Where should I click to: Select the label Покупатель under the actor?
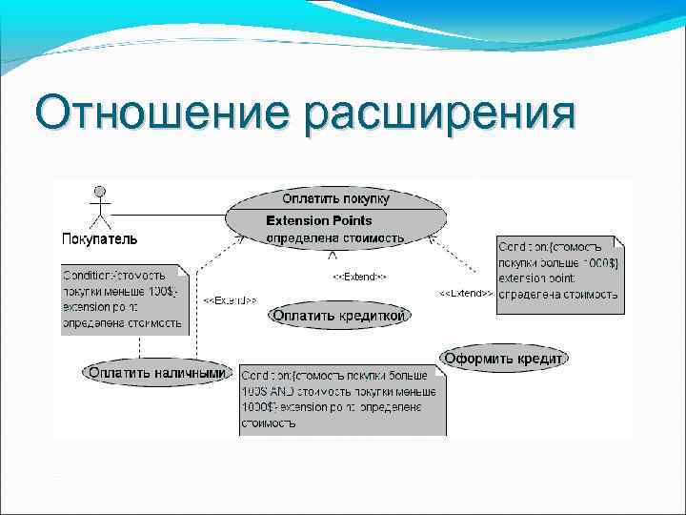[99, 237]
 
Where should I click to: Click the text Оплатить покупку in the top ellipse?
[335, 199]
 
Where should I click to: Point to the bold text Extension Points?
[318, 220]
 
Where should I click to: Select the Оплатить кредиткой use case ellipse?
[340, 316]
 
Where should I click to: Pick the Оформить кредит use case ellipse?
[504, 358]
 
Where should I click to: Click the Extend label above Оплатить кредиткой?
[358, 277]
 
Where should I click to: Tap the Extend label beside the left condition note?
[229, 299]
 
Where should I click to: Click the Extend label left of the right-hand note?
[464, 292]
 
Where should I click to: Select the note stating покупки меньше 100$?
[125, 299]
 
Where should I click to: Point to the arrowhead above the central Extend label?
[332, 256]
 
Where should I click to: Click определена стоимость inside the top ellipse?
[333, 237]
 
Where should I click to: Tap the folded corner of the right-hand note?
[618, 243]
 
